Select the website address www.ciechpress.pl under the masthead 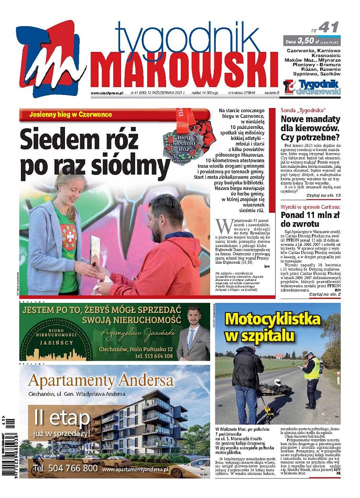coord(106,93)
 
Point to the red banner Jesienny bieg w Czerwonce coord(71,114)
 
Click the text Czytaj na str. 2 coord(324,295)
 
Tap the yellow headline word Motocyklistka coord(272,319)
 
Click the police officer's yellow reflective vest coord(312,369)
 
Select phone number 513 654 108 coord(154,356)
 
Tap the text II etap coord(55,418)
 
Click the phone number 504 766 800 coord(65,468)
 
